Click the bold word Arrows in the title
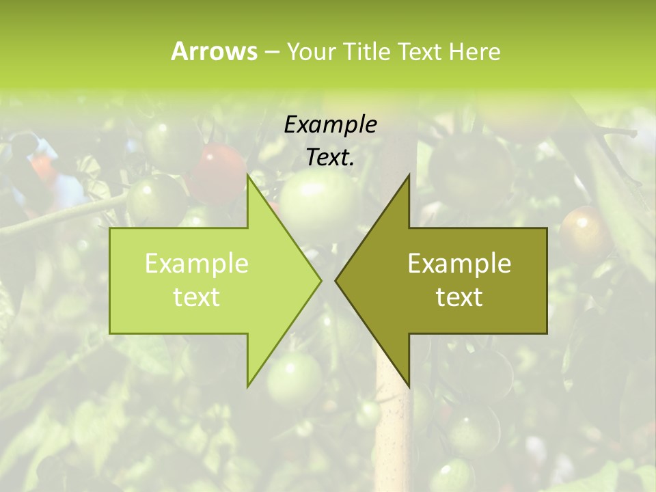click(x=214, y=51)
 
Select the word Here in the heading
click(x=474, y=51)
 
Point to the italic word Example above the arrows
click(x=331, y=125)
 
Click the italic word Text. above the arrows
click(x=331, y=158)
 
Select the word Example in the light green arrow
click(x=197, y=264)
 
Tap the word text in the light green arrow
click(x=197, y=297)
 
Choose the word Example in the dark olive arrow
click(x=459, y=264)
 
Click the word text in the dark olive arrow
click(x=459, y=297)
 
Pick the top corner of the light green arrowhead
click(x=247, y=175)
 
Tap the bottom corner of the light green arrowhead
click(x=247, y=386)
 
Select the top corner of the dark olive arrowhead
click(x=409, y=175)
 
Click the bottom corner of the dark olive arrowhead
click(x=409, y=386)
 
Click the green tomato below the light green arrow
click(x=294, y=379)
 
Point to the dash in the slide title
click(x=271, y=52)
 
